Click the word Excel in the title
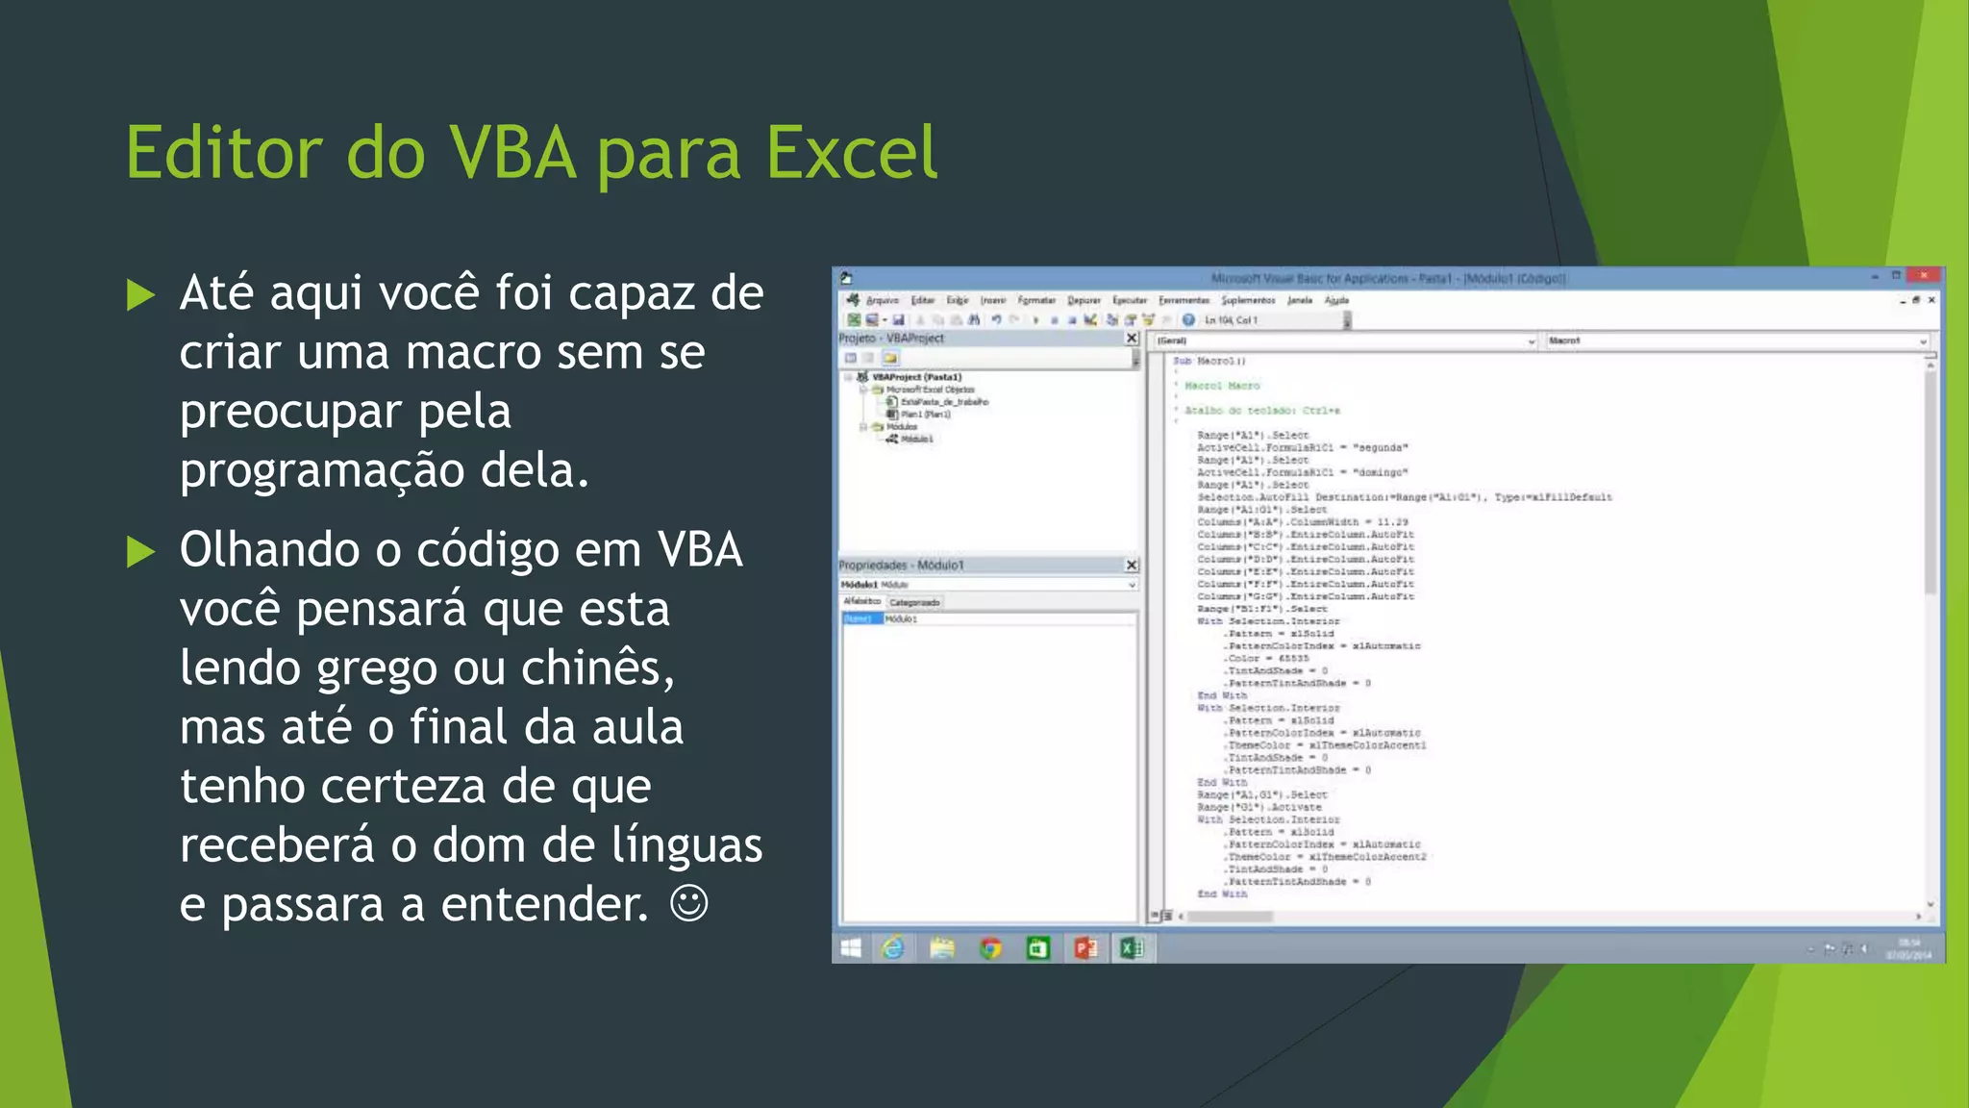tap(851, 153)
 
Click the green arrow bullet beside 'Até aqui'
tap(140, 295)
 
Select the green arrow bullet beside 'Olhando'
tap(140, 551)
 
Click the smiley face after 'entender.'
tap(688, 903)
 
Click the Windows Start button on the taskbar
tap(851, 949)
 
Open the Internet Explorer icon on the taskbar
tap(893, 949)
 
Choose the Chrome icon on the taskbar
tap(990, 949)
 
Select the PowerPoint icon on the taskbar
tap(1085, 949)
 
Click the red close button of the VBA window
tap(1924, 276)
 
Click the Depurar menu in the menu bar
tap(1084, 300)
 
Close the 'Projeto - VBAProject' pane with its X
tap(1132, 339)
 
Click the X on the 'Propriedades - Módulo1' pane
tap(1132, 566)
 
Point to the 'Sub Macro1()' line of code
tap(1209, 362)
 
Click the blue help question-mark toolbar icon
tap(1188, 320)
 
